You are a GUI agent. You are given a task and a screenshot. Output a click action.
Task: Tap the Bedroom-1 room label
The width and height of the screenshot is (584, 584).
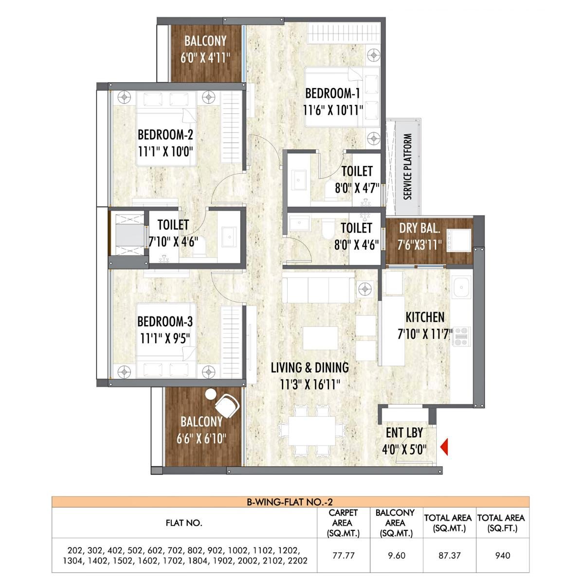(332, 93)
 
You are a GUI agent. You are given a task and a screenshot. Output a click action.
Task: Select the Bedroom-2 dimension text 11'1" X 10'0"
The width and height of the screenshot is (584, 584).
(166, 151)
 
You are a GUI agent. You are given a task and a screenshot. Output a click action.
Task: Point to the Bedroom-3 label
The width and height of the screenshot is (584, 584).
(165, 322)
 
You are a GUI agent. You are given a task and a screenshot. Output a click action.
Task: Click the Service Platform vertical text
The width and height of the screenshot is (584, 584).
(408, 166)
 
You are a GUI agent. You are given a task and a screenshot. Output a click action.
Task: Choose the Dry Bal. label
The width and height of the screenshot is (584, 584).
(420, 228)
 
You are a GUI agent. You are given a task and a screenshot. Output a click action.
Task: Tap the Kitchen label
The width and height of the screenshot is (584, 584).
(425, 317)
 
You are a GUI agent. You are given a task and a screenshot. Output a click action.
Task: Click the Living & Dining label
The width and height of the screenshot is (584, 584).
(310, 367)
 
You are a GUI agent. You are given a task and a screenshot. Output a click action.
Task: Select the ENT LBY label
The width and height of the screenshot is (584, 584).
(404, 432)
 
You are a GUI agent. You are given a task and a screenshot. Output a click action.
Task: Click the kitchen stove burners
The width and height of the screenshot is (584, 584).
(460, 336)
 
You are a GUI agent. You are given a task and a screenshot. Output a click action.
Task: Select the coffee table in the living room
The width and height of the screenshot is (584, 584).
(321, 337)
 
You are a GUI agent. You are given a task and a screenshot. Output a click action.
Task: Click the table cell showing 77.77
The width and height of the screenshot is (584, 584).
(344, 555)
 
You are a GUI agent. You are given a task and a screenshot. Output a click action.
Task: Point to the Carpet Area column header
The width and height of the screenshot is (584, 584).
(344, 523)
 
